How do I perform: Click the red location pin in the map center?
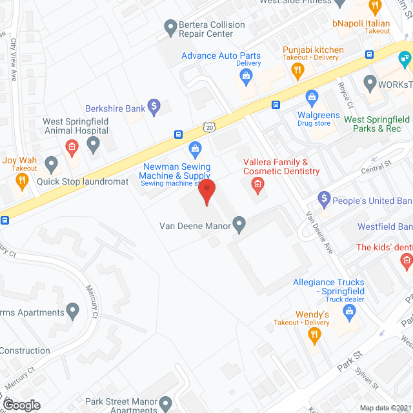point(206,192)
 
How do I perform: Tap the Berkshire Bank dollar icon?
point(154,106)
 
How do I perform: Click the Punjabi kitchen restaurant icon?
point(297,72)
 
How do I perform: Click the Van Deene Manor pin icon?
point(239,225)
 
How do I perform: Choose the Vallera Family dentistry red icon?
point(257,186)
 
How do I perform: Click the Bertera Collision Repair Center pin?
point(170,28)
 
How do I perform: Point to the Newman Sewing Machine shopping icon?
point(196,150)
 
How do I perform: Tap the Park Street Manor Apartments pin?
point(167,405)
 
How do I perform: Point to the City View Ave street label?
point(13,59)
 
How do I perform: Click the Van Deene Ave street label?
point(319,232)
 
